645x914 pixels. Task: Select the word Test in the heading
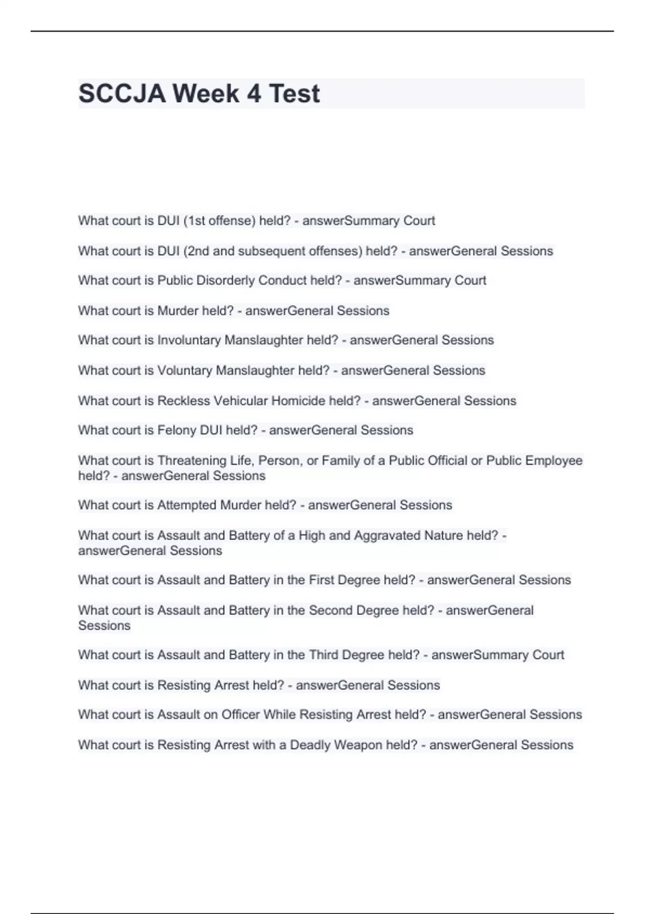pyautogui.click(x=294, y=94)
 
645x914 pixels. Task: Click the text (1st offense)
pyautogui.click(x=219, y=221)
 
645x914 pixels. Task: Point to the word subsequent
pyautogui.click(x=300, y=251)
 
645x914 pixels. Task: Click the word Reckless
pyautogui.click(x=183, y=401)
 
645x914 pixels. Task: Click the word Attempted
pyautogui.click(x=187, y=505)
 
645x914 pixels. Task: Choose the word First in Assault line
pyautogui.click(x=321, y=580)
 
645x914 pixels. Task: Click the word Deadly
pyautogui.click(x=310, y=745)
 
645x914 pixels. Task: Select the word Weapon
pyautogui.click(x=358, y=745)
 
